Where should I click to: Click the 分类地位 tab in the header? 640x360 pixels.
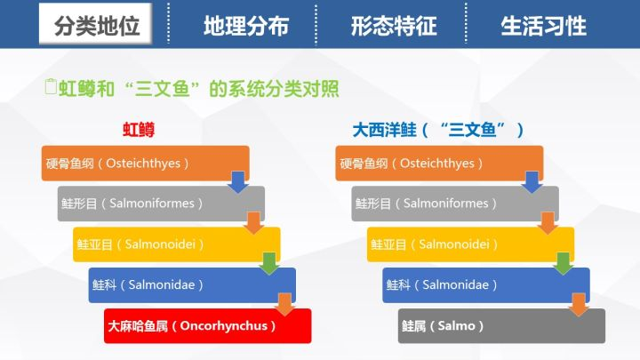[x=96, y=24]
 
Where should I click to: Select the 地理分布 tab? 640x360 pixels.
[x=246, y=25]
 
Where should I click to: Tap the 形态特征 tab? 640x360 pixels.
[x=394, y=25]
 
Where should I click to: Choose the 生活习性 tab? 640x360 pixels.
[x=543, y=25]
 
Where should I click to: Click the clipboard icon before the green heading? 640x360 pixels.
[x=51, y=86]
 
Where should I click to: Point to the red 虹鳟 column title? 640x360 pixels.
[x=139, y=130]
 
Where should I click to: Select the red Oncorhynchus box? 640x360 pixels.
[x=207, y=325]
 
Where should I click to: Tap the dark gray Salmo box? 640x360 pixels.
[x=501, y=325]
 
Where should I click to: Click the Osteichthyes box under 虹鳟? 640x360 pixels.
[x=145, y=164]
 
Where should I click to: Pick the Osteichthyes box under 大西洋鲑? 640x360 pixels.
[x=439, y=164]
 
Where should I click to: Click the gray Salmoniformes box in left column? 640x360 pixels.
[x=161, y=204]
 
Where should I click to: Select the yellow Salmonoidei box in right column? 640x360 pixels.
[x=470, y=244]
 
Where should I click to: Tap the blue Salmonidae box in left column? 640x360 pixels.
[x=192, y=285]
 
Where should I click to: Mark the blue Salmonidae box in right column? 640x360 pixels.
[x=485, y=285]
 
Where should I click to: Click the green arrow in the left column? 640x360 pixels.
[x=269, y=263]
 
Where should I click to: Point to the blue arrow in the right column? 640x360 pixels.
[x=532, y=182]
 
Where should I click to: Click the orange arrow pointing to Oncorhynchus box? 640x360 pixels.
[x=285, y=304]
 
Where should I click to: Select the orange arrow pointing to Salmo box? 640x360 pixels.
[x=579, y=304]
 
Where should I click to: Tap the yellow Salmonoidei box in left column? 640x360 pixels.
[x=176, y=244]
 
